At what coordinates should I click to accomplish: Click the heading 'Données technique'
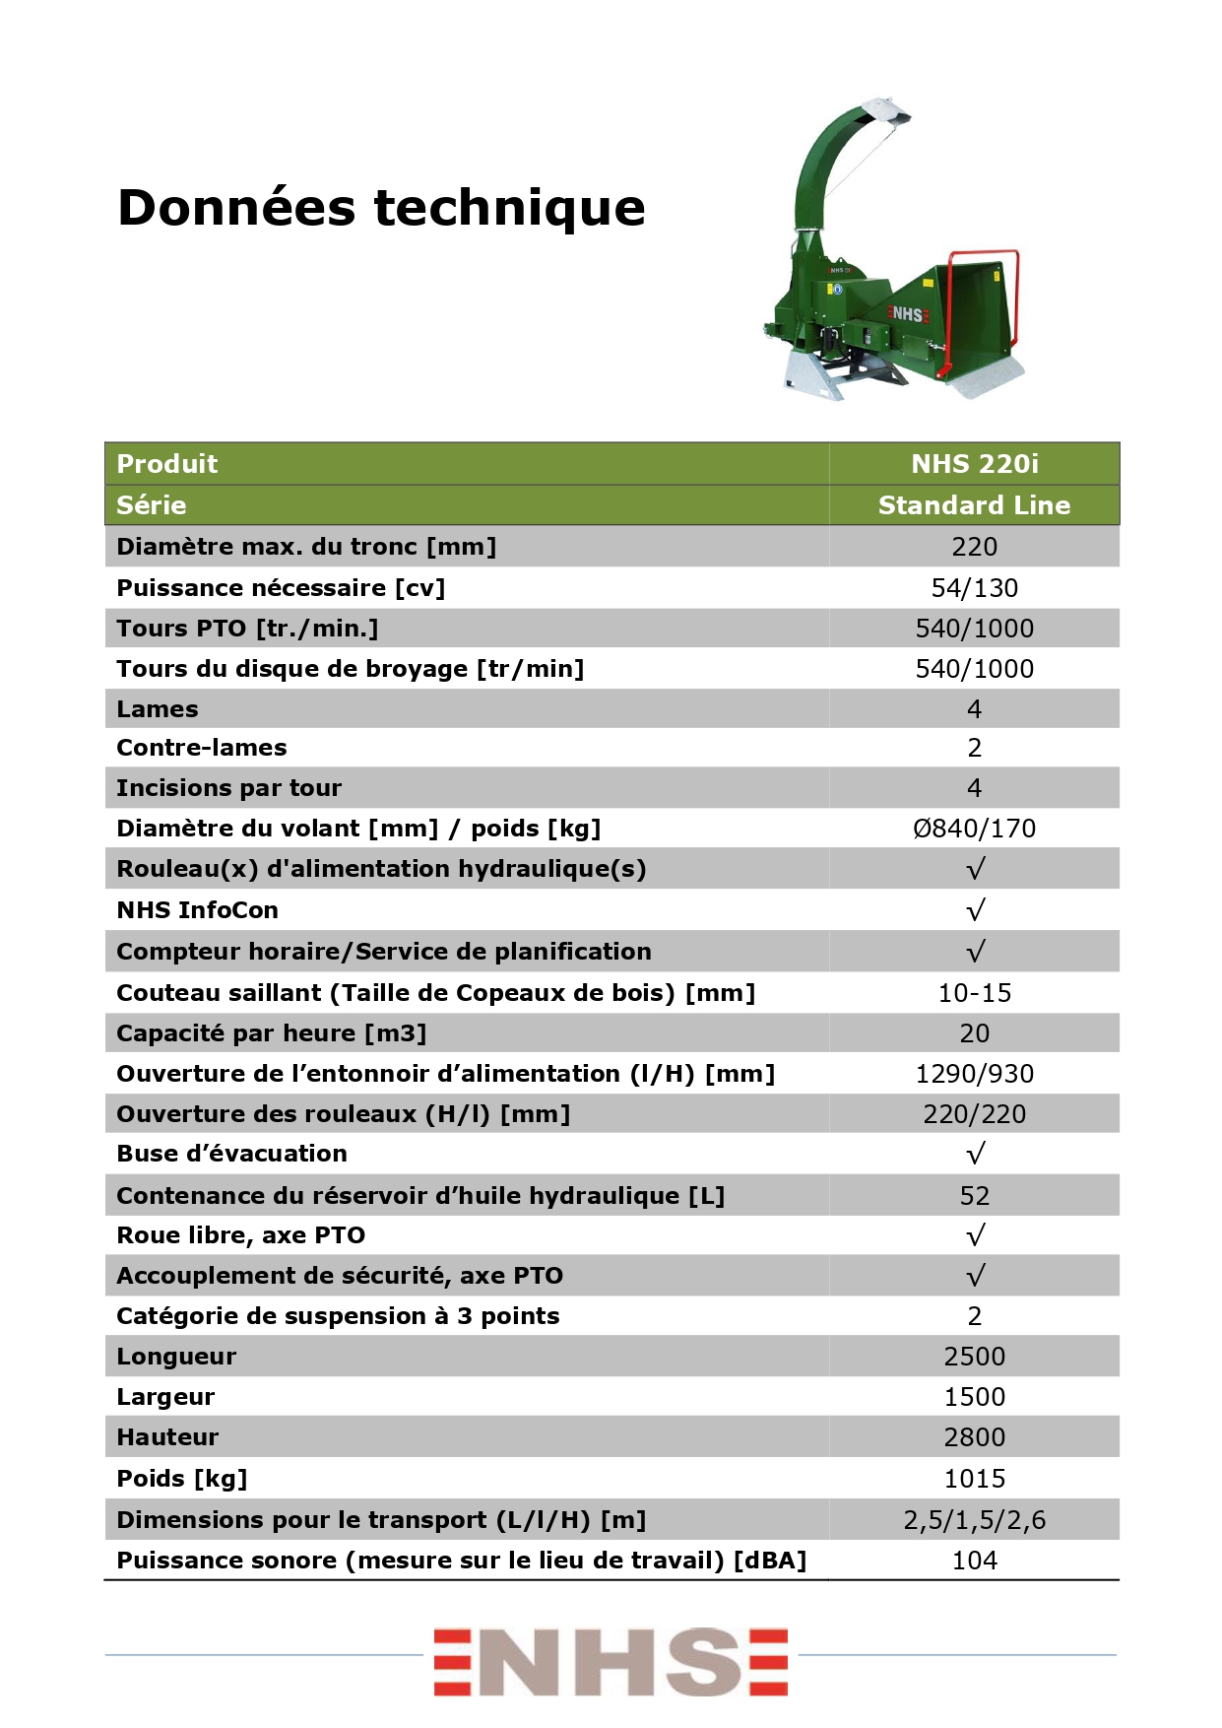(x=381, y=208)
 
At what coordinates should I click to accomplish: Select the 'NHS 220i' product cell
(x=974, y=464)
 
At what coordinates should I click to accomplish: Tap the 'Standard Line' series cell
(x=974, y=505)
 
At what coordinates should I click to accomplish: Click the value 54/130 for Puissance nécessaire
(x=974, y=588)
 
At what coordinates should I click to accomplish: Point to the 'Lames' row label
(x=158, y=709)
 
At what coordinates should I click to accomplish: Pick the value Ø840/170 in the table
(x=974, y=829)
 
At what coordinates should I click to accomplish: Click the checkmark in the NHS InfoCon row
(x=975, y=910)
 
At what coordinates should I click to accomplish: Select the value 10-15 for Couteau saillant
(x=974, y=993)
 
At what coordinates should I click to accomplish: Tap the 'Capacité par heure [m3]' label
(x=272, y=1033)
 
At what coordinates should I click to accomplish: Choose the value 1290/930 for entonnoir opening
(x=974, y=1074)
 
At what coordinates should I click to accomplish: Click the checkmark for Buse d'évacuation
(x=975, y=1154)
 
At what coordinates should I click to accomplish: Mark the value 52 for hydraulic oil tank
(x=974, y=1196)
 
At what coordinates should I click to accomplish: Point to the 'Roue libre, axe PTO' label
(x=241, y=1235)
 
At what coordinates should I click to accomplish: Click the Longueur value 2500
(x=974, y=1357)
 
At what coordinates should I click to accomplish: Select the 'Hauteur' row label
(x=167, y=1437)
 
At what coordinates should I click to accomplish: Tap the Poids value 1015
(x=974, y=1479)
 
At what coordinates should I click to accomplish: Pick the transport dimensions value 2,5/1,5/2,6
(x=974, y=1520)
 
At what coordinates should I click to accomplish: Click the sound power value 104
(x=974, y=1561)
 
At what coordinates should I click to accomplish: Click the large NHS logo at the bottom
(x=611, y=1662)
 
